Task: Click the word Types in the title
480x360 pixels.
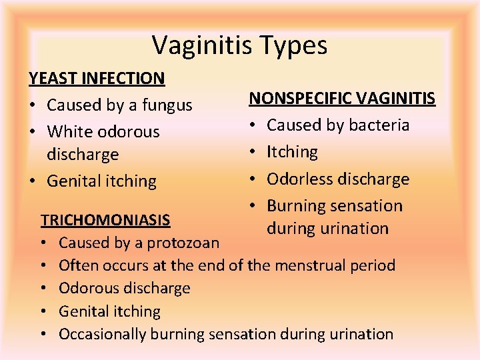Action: (297, 45)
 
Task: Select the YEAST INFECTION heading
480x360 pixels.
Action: (97, 78)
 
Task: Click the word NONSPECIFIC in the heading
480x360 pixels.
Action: (299, 99)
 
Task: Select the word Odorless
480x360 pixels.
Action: (300, 179)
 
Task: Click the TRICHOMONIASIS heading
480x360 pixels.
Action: (105, 219)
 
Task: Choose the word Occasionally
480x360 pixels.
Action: (103, 334)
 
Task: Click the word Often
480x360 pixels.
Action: (76, 265)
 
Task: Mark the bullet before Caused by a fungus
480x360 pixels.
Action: (33, 105)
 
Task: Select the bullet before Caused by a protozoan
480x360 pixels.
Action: (45, 243)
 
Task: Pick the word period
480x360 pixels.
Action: (371, 265)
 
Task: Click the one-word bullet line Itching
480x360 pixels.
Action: (292, 152)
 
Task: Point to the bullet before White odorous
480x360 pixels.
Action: (33, 132)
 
